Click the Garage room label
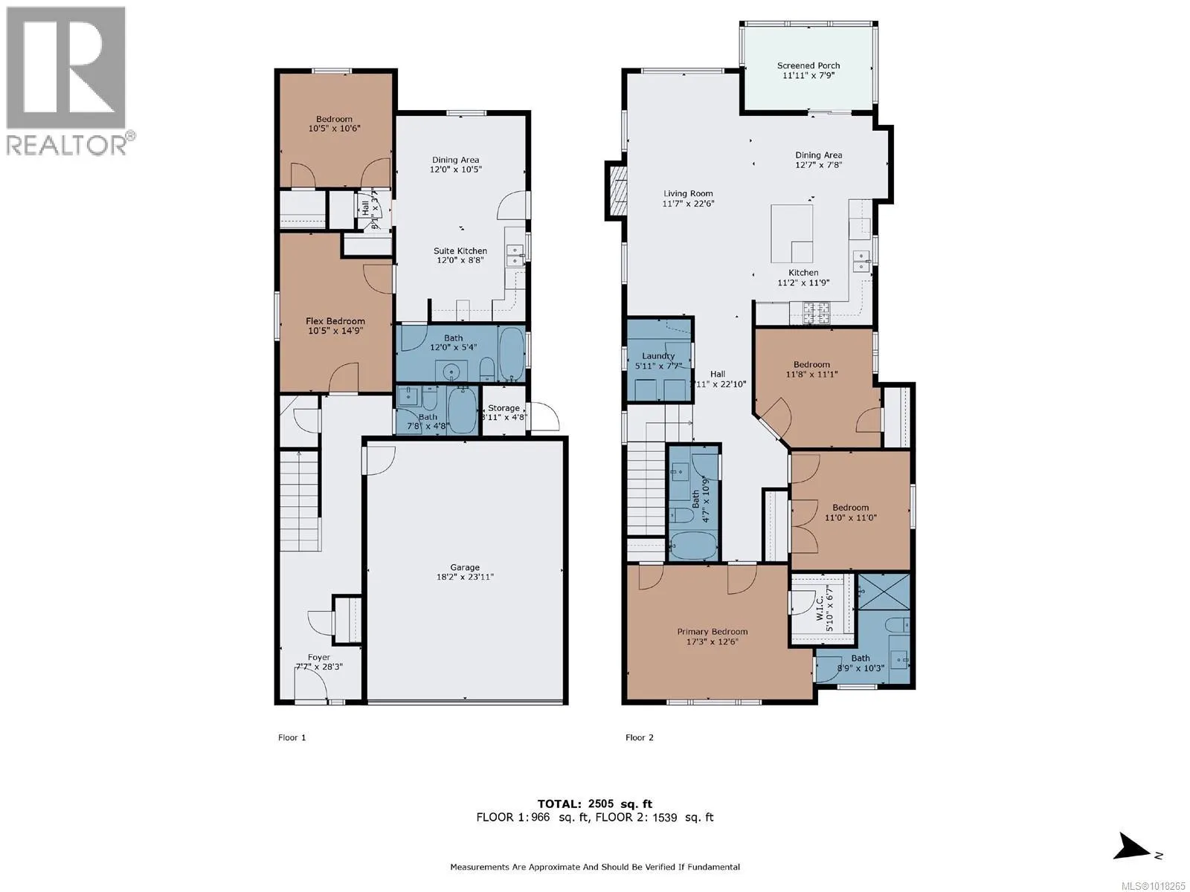[465, 567]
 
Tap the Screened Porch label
[808, 65]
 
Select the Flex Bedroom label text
[335, 321]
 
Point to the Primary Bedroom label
[712, 632]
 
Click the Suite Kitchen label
[461, 251]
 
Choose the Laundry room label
[658, 356]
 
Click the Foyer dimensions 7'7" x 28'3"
[319, 668]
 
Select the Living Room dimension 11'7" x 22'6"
[689, 204]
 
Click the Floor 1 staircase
[299, 502]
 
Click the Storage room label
[504, 408]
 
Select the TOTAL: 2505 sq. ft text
[594, 804]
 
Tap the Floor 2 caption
[640, 737]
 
